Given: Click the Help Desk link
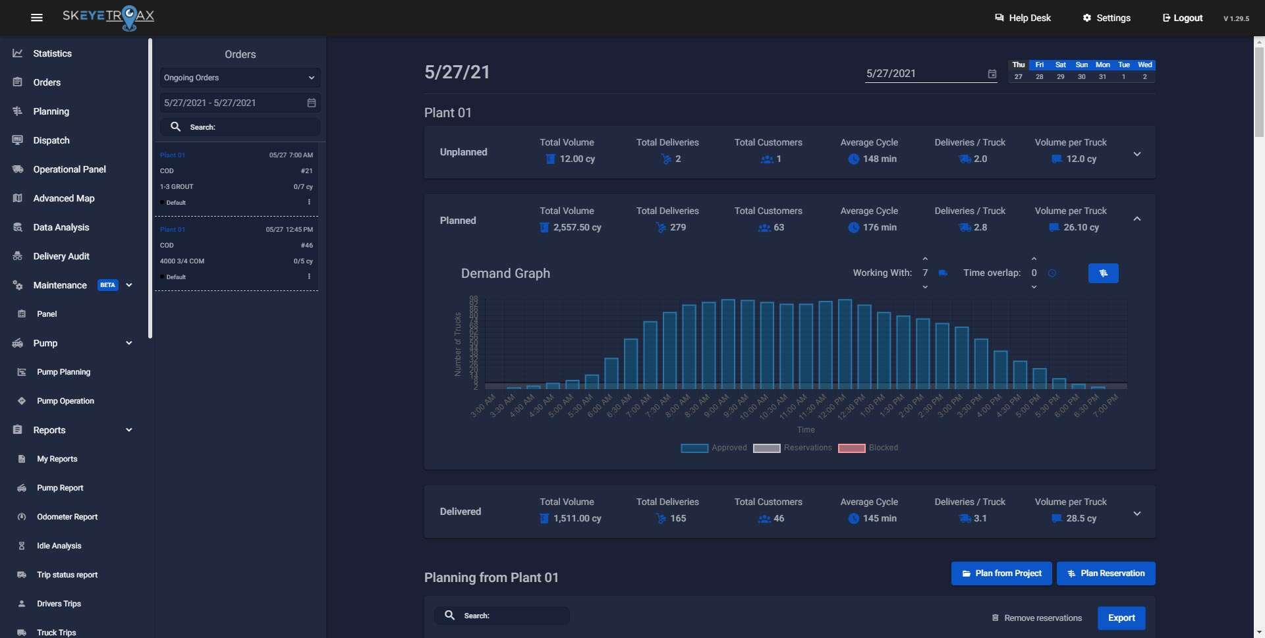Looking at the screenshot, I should [1023, 18].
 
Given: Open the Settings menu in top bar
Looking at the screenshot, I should [1106, 18].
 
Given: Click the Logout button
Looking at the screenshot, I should [1183, 18].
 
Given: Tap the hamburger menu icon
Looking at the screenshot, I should [37, 18].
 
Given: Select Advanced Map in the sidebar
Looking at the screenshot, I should [63, 198].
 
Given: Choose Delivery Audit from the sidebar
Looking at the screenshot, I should [61, 256].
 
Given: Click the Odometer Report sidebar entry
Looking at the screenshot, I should [67, 517].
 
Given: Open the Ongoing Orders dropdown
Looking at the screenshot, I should [240, 78].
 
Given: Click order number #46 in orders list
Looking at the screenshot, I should [306, 246].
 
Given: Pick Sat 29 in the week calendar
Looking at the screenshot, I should [1060, 71].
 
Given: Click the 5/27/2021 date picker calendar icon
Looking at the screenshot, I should [992, 74].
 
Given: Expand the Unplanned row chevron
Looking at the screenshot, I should [1137, 154].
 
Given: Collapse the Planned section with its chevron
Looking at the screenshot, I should [1137, 219].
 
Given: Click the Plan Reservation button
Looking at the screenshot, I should [1106, 573].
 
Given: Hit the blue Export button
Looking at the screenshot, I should [1121, 618].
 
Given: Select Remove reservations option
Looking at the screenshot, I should [1036, 618].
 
